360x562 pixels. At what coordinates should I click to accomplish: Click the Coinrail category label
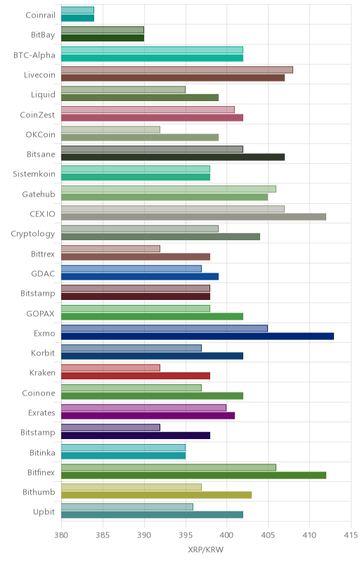(x=41, y=15)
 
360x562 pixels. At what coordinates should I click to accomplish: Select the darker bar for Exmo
(x=198, y=336)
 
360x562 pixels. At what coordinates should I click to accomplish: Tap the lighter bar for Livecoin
(x=177, y=70)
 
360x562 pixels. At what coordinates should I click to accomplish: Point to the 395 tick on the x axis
(x=186, y=535)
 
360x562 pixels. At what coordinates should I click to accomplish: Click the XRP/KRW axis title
(x=206, y=550)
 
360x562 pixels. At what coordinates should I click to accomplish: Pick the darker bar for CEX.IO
(x=193, y=217)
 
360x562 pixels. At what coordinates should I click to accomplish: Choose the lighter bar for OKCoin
(x=111, y=129)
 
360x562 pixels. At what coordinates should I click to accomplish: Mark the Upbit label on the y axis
(x=44, y=512)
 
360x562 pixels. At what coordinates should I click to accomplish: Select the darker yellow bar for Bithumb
(x=156, y=495)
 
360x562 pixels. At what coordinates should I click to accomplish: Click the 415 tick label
(x=351, y=535)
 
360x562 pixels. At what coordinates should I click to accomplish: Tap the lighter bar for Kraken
(x=111, y=367)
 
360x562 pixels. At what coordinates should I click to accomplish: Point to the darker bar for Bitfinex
(x=193, y=476)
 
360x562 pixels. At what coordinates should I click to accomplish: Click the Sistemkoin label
(x=34, y=174)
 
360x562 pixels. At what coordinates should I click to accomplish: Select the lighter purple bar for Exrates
(x=143, y=407)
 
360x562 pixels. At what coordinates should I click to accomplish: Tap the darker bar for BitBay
(x=103, y=38)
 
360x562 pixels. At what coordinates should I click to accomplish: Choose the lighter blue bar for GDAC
(x=131, y=268)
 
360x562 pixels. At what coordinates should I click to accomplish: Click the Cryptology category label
(x=33, y=234)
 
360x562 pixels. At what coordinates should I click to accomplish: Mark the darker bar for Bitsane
(x=173, y=157)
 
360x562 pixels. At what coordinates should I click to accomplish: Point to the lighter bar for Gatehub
(x=169, y=189)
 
